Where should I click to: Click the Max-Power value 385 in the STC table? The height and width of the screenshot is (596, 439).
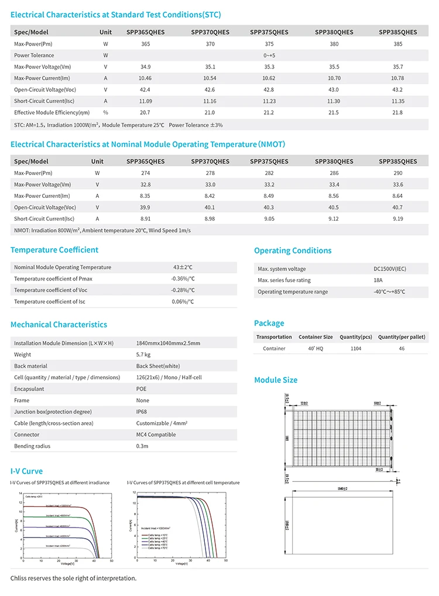pyautogui.click(x=398, y=44)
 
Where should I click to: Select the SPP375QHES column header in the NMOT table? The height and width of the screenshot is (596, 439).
pyautogui.click(x=269, y=162)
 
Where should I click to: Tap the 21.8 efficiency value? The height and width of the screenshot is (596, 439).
pyautogui.click(x=398, y=112)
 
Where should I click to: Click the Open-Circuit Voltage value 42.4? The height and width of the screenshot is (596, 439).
pyautogui.click(x=146, y=90)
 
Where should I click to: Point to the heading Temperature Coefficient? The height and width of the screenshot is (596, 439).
pyautogui.click(x=54, y=250)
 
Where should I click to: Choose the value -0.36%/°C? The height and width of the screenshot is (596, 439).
pyautogui.click(x=183, y=279)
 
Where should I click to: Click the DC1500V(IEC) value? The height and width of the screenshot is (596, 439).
pyautogui.click(x=390, y=269)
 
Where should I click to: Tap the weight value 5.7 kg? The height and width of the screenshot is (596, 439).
pyautogui.click(x=143, y=355)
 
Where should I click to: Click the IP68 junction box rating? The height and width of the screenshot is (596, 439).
pyautogui.click(x=142, y=412)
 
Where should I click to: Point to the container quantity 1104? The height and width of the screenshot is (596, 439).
pyautogui.click(x=356, y=348)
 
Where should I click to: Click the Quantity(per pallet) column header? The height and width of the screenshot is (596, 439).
pyautogui.click(x=402, y=337)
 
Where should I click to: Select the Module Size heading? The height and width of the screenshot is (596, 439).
pyautogui.click(x=276, y=380)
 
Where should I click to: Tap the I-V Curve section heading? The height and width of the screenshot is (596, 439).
pyautogui.click(x=27, y=471)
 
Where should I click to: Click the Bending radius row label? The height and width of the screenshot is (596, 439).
pyautogui.click(x=32, y=446)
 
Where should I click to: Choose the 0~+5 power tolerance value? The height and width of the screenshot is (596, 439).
pyautogui.click(x=269, y=56)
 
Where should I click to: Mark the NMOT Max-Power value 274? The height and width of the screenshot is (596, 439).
pyautogui.click(x=146, y=173)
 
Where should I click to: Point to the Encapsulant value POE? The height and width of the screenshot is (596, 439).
pyautogui.click(x=142, y=389)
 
